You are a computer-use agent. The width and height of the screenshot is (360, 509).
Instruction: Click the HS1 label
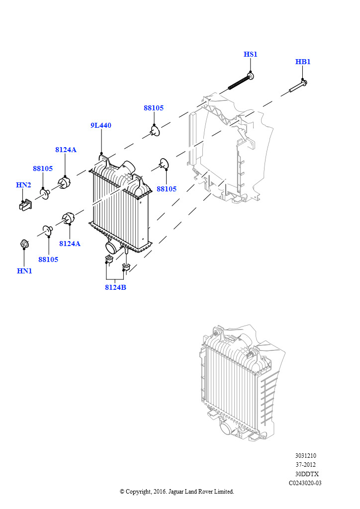tap(250, 54)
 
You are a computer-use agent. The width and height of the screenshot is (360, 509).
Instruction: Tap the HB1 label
tap(303, 62)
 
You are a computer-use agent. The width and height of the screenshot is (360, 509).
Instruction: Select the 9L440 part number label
tap(100, 126)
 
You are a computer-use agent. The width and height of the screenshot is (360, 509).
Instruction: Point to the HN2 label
tap(23, 185)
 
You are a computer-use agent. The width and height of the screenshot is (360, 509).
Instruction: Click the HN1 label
tap(24, 271)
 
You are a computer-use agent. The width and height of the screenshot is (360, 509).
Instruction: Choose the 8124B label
tap(115, 287)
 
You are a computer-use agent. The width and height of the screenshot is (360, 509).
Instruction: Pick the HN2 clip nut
tap(25, 204)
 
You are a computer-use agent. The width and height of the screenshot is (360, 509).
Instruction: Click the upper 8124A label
tap(66, 150)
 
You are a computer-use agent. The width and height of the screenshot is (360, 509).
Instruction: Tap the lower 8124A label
tap(70, 244)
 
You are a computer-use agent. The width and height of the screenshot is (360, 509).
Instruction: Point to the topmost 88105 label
tap(154, 108)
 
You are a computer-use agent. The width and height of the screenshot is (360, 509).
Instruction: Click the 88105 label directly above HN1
tap(48, 259)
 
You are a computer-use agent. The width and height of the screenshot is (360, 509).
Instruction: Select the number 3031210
tap(305, 456)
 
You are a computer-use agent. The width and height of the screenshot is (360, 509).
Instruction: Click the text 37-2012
tap(305, 465)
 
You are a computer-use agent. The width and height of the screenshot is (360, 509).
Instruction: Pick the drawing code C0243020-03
tap(305, 483)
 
